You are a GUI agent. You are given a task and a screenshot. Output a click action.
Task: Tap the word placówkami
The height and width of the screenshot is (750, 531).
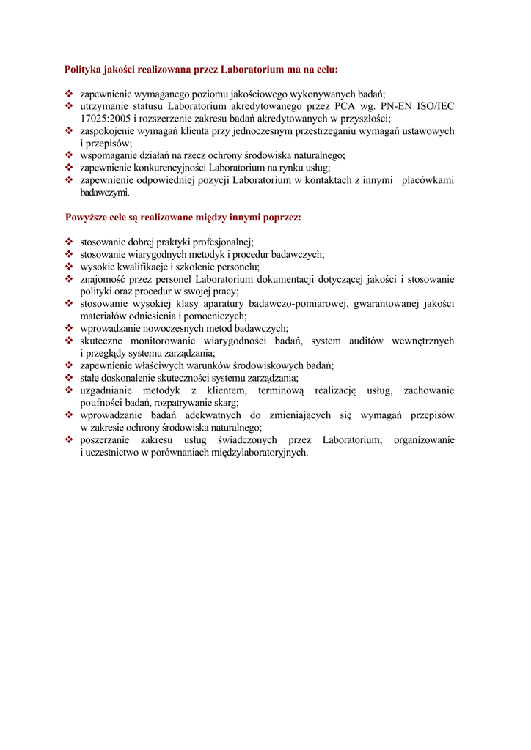click(428, 180)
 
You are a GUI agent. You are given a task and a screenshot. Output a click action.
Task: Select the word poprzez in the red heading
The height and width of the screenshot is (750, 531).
click(282, 218)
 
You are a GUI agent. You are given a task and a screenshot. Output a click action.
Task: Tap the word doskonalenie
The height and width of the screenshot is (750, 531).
click(122, 378)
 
